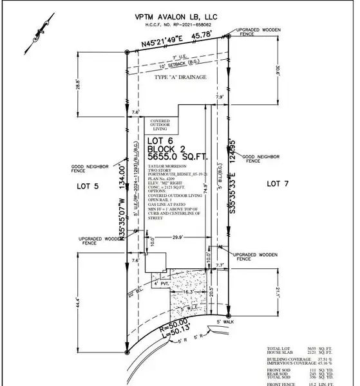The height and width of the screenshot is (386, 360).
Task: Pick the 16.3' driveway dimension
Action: (185, 292)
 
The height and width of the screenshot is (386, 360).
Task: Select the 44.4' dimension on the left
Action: (78, 300)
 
